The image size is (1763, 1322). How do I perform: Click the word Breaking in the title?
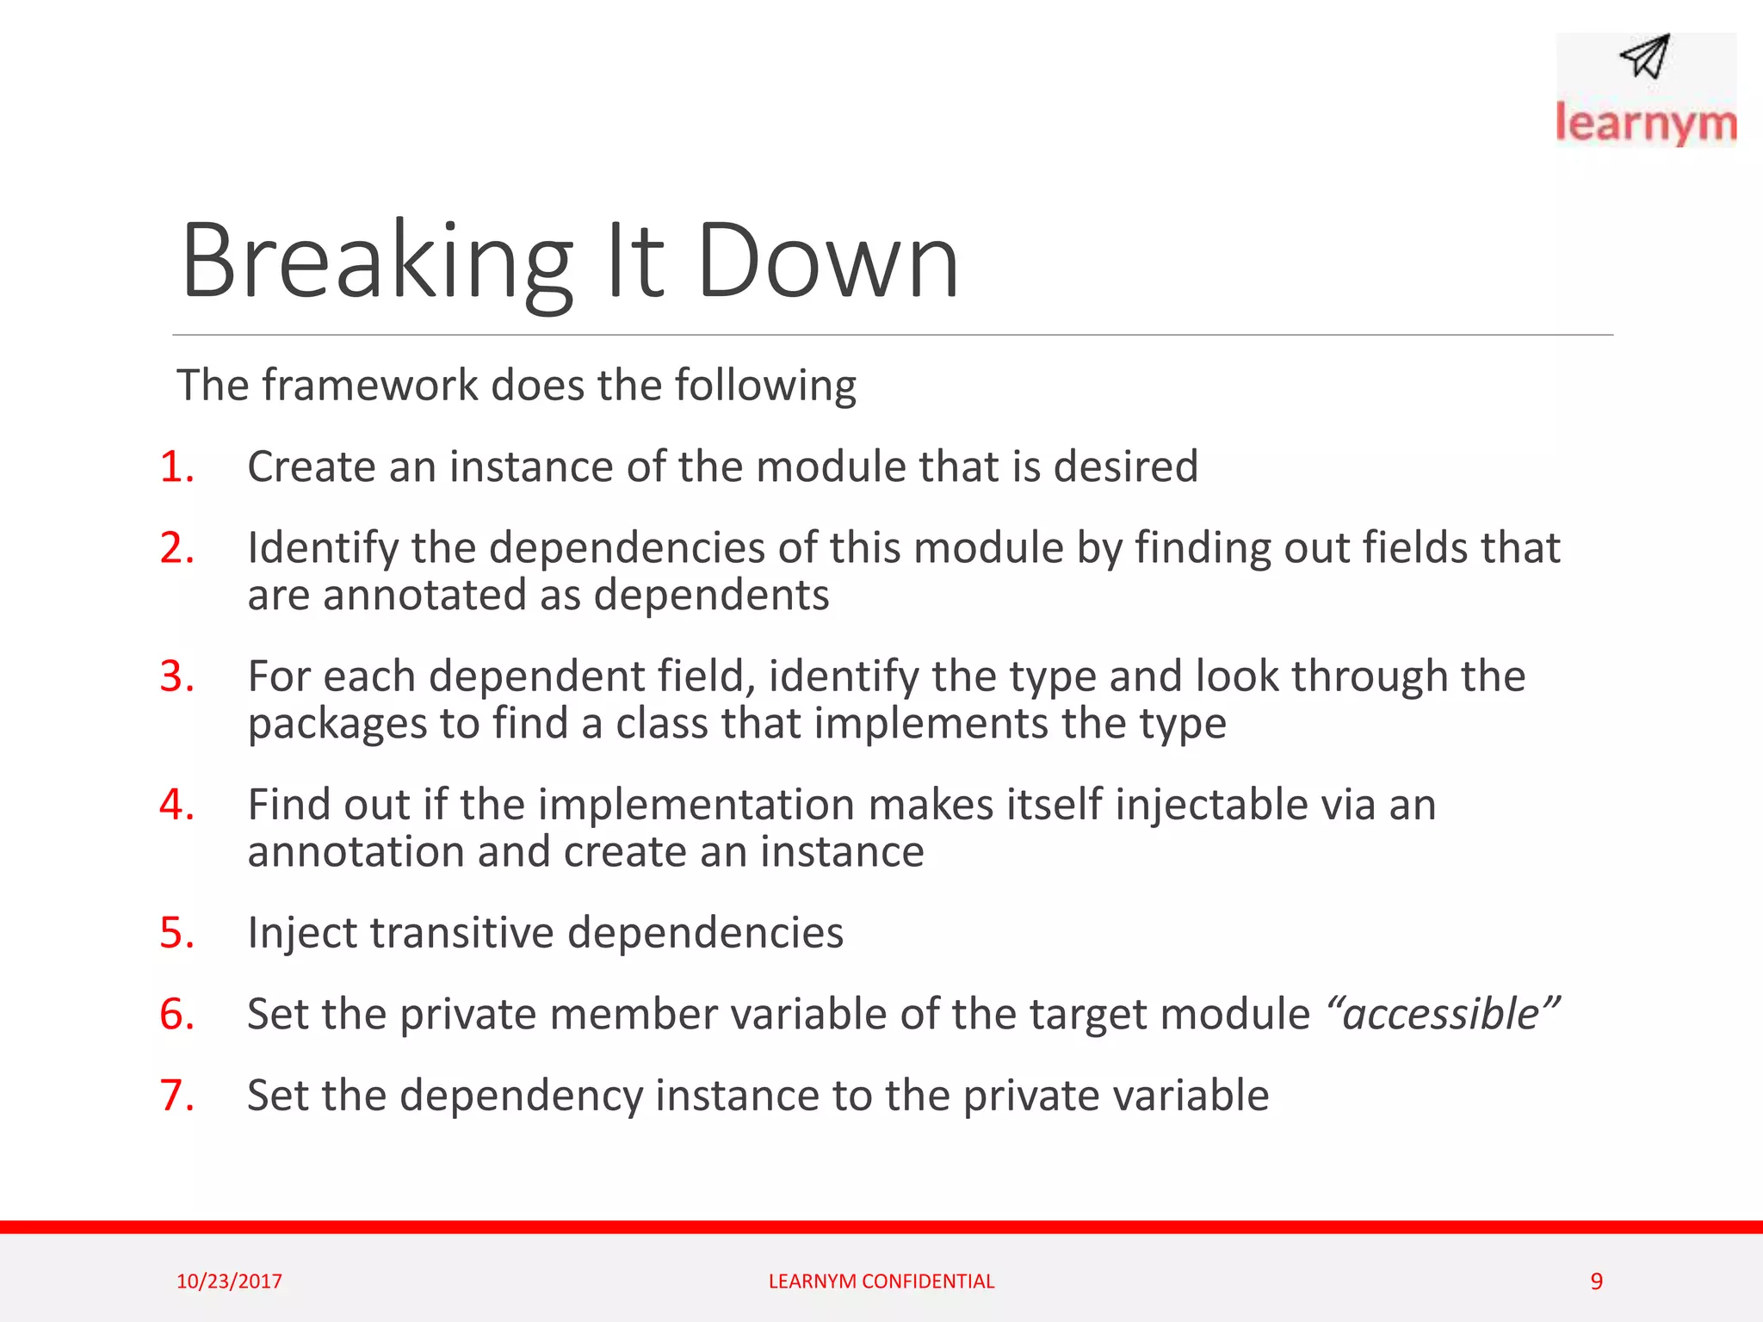pyautogui.click(x=376, y=262)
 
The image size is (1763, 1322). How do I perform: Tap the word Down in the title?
pyautogui.click(x=827, y=262)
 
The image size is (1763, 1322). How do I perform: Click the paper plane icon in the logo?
pyautogui.click(x=1645, y=57)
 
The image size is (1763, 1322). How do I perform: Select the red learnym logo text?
pyautogui.click(x=1645, y=124)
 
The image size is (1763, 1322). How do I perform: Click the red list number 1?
pyautogui.click(x=176, y=467)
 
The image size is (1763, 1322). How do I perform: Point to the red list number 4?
pyautogui.click(x=176, y=806)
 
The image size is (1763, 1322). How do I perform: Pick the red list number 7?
pyautogui.click(x=176, y=1096)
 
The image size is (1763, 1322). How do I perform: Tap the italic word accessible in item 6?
pyautogui.click(x=1441, y=1015)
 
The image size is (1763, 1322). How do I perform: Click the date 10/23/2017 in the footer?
pyautogui.click(x=229, y=1282)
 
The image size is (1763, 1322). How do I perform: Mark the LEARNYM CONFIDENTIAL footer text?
pyautogui.click(x=881, y=1282)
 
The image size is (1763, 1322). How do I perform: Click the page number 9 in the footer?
pyautogui.click(x=1596, y=1282)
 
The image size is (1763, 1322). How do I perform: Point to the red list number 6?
pyautogui.click(x=176, y=1015)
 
